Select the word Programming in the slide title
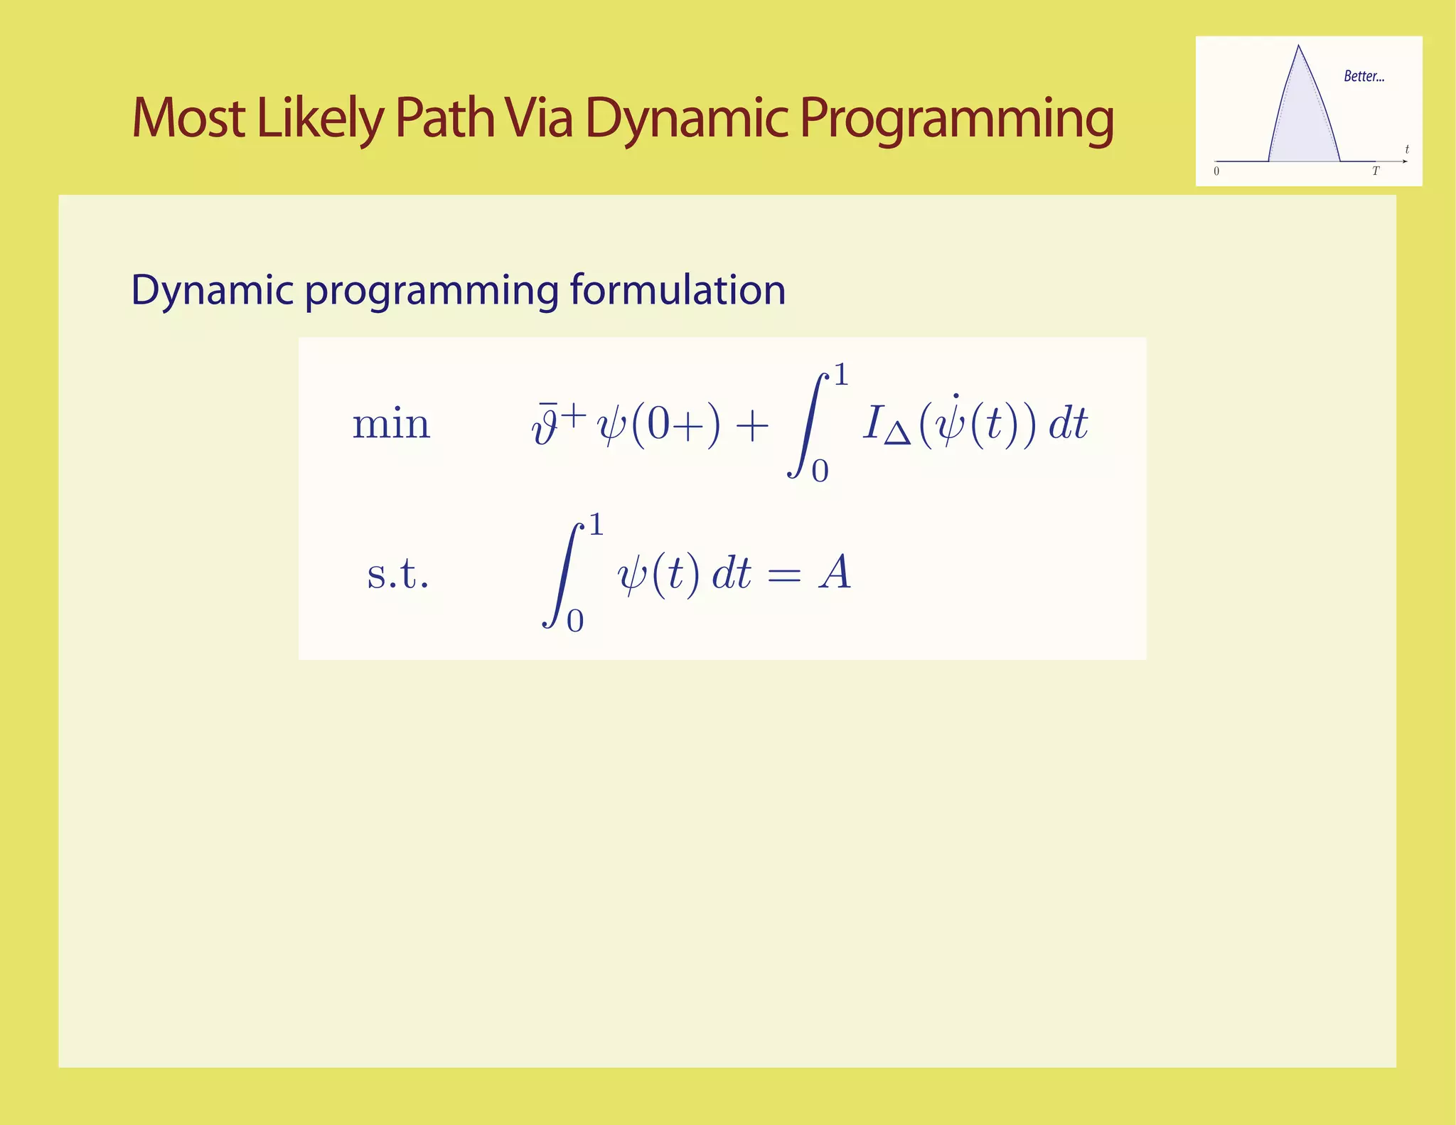click(x=956, y=118)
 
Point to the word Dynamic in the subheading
click(x=212, y=290)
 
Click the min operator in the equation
click(x=391, y=425)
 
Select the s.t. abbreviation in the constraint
click(x=397, y=574)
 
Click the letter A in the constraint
click(x=835, y=573)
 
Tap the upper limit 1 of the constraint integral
click(x=596, y=526)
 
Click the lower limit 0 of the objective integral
click(x=820, y=471)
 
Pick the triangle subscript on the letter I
click(x=897, y=434)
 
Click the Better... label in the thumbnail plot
click(x=1364, y=77)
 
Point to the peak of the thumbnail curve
click(x=1298, y=47)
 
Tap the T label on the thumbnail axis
click(x=1375, y=171)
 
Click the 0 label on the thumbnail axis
click(x=1216, y=171)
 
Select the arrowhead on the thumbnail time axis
click(x=1404, y=161)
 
